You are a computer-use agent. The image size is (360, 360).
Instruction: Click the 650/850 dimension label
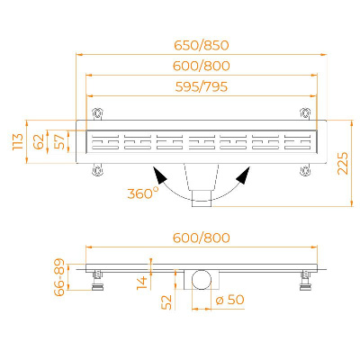tap(202, 45)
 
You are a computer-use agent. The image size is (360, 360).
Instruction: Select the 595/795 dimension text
tap(202, 86)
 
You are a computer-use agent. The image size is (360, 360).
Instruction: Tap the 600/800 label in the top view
tap(202, 66)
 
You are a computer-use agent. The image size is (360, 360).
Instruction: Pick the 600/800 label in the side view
tap(202, 238)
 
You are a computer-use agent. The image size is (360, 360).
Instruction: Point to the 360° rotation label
tap(143, 193)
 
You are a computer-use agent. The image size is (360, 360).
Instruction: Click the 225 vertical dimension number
tap(343, 163)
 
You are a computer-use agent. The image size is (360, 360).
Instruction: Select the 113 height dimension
tap(18, 141)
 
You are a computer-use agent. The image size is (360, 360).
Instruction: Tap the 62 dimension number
tap(39, 141)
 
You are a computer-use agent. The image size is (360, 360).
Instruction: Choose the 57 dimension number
tap(59, 141)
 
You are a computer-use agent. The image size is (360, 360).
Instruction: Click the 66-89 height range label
tap(59, 277)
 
